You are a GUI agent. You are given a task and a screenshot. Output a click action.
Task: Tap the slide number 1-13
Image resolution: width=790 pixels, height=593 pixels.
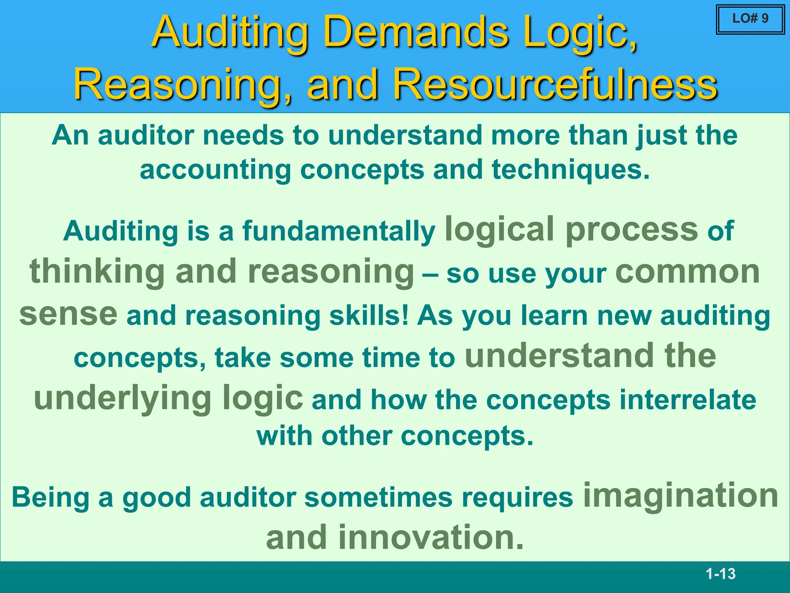(x=721, y=574)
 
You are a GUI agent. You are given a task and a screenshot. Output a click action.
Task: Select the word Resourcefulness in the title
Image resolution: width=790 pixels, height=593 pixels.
(x=555, y=84)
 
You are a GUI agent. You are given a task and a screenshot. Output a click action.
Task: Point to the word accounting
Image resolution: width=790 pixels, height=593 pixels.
(x=215, y=170)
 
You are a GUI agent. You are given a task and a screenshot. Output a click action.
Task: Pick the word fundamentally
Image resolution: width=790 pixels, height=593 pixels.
(x=339, y=231)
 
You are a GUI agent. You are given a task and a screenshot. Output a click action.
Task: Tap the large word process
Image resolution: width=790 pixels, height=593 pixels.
(x=631, y=229)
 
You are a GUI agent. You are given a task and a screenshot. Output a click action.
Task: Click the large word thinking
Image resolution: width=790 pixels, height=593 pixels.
(x=97, y=271)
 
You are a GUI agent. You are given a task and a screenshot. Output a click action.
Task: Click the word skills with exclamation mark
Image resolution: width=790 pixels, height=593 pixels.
(x=368, y=315)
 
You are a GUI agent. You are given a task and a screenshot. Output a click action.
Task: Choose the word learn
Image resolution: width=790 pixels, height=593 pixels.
(x=554, y=315)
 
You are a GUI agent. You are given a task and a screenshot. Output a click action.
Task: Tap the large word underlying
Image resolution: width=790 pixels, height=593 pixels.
(x=122, y=398)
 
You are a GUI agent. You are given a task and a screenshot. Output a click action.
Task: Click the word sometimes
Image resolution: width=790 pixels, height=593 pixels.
(x=378, y=497)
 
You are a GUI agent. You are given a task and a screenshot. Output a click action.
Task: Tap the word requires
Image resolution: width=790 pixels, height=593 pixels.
(x=517, y=497)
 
